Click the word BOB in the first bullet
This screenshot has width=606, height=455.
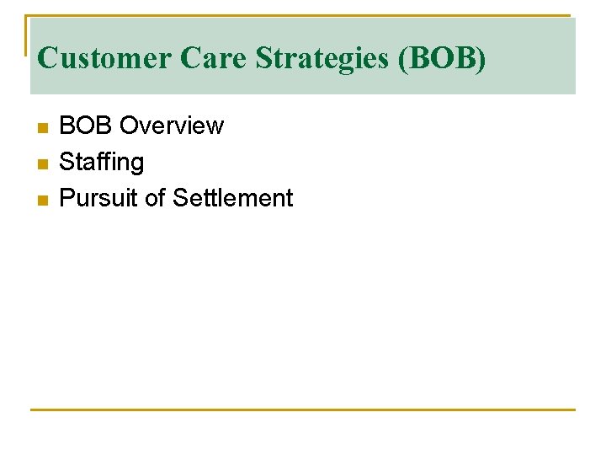[86, 126]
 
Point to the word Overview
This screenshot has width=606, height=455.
[172, 126]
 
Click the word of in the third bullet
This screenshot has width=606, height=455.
[155, 199]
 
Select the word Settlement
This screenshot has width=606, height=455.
[233, 199]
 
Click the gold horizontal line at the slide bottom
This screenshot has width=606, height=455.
[303, 409]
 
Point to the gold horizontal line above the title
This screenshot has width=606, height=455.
[303, 16]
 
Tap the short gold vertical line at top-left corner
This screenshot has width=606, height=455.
[26, 34]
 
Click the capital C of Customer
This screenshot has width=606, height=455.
[47, 59]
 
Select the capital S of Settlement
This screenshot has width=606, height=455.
[179, 199]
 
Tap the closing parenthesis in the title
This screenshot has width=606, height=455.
[481, 59]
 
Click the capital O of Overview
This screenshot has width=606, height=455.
[129, 126]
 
